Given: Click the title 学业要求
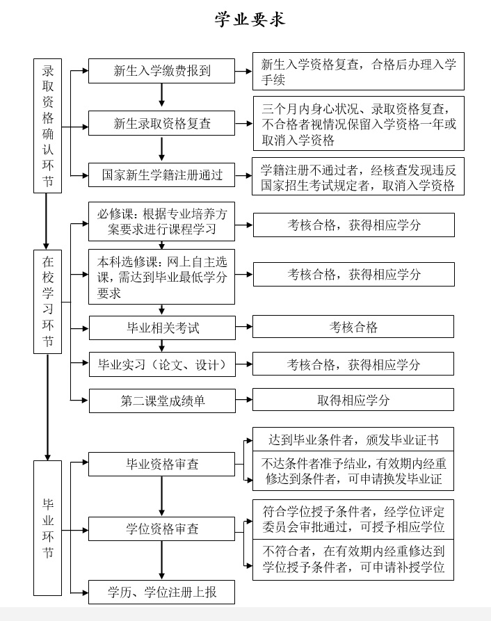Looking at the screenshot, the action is pyautogui.click(x=250, y=19).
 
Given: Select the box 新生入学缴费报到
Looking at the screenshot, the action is pyautogui.click(x=161, y=71).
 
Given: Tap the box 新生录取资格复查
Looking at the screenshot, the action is pyautogui.click(x=161, y=124).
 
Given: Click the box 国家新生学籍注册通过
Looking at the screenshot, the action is pyautogui.click(x=161, y=175).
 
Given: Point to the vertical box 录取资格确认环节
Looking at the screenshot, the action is pyautogui.click(x=47, y=126).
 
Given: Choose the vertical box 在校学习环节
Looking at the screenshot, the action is pyautogui.click(x=47, y=301).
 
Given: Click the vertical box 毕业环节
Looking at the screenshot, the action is pyautogui.click(x=47, y=528).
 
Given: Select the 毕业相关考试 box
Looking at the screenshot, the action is pyautogui.click(x=162, y=328).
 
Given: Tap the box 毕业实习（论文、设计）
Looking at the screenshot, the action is pyautogui.click(x=162, y=364).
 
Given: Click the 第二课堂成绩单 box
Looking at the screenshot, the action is pyautogui.click(x=162, y=401).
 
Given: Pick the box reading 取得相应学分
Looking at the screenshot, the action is pyautogui.click(x=353, y=400).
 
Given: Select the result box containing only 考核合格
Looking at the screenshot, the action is pyautogui.click(x=353, y=327).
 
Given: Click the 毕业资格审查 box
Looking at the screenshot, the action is pyautogui.click(x=161, y=464).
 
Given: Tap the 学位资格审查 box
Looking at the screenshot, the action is pyautogui.click(x=161, y=529).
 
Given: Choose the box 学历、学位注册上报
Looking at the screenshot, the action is pyautogui.click(x=161, y=592).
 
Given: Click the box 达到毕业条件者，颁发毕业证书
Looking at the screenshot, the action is pyautogui.click(x=353, y=439).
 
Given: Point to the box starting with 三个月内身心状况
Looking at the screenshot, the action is pyautogui.click(x=359, y=124).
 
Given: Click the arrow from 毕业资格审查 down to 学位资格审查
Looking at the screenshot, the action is pyautogui.click(x=161, y=497).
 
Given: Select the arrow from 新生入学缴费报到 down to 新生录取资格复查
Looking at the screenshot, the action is pyautogui.click(x=161, y=95).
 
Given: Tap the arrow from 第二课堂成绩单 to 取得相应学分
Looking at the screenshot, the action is pyautogui.click(x=244, y=400).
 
